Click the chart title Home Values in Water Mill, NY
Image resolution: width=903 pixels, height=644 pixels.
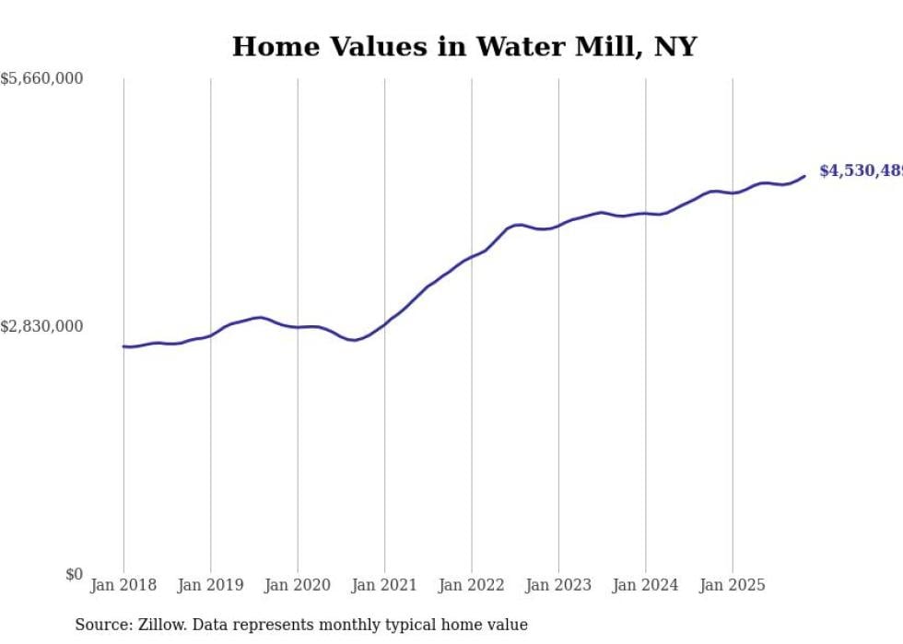[463, 46]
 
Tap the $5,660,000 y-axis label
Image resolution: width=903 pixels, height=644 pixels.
[42, 79]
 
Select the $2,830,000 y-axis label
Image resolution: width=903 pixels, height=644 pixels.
[42, 326]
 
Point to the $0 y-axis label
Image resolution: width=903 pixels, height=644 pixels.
[74, 574]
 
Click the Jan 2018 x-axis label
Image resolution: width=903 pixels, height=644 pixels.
[123, 585]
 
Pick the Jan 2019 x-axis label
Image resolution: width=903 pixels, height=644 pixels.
[210, 585]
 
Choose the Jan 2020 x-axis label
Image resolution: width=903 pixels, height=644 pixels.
[298, 585]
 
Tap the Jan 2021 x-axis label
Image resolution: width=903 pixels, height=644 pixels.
[384, 585]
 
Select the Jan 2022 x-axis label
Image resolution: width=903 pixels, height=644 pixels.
[472, 585]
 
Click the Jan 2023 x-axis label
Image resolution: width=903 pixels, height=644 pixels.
[558, 585]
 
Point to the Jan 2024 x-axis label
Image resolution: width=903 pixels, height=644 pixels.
[646, 585]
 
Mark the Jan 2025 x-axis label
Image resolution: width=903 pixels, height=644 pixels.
[733, 585]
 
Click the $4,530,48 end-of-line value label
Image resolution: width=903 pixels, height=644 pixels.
[860, 171]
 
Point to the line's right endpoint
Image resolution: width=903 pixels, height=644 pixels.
[804, 176]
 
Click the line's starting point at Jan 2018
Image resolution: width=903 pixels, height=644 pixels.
[123, 346]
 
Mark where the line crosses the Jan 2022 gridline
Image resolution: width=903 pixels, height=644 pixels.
[472, 257]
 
